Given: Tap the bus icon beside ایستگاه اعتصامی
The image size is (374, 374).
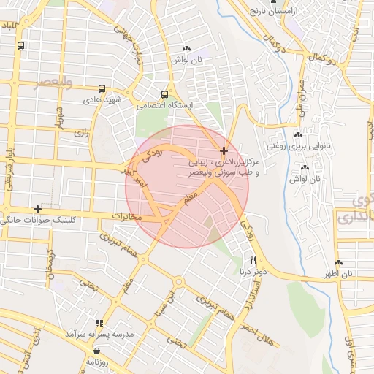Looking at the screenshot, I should [164, 94].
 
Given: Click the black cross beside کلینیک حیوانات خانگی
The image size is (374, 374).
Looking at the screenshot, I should [37, 209].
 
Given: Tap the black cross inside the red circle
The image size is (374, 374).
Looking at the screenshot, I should [224, 150].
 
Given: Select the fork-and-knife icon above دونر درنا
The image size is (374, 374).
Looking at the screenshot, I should [253, 260].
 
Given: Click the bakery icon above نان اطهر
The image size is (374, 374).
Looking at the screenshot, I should [338, 263].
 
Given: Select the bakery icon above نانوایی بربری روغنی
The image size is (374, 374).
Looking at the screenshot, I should [297, 135].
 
